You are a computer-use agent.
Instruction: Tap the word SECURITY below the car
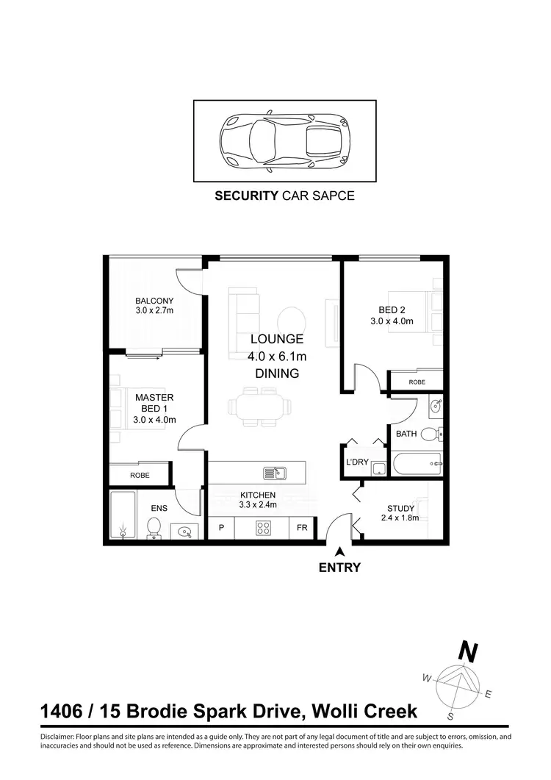point(245,196)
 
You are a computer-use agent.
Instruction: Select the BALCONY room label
point(154,301)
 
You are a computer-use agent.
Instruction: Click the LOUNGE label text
point(276,339)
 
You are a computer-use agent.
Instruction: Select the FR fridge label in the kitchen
point(302,527)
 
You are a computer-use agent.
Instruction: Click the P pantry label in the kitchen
point(220,527)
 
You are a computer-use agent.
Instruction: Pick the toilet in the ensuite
point(154,526)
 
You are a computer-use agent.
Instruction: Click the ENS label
point(159,507)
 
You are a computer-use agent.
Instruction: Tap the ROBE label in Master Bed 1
point(140,475)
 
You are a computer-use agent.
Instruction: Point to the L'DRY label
point(357,462)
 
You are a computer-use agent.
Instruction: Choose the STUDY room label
point(401,508)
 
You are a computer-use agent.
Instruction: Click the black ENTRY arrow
point(339,552)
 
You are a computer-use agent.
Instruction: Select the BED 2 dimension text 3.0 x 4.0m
point(392,321)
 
